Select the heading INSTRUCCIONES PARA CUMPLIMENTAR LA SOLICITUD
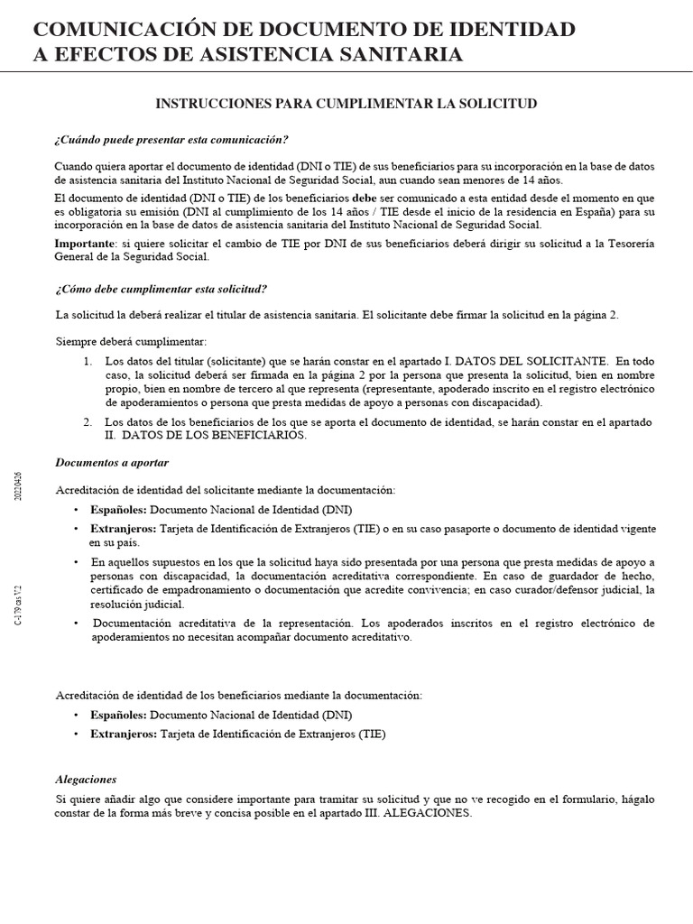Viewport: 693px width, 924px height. click(x=346, y=104)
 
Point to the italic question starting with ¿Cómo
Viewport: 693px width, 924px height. click(x=162, y=289)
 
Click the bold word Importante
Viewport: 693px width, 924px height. click(x=85, y=244)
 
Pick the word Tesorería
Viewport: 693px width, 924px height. click(x=624, y=244)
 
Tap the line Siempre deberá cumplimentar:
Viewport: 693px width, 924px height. click(x=131, y=341)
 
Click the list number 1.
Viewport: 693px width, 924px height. click(x=88, y=361)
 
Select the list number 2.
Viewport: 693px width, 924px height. click(x=88, y=422)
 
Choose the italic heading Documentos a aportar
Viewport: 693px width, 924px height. click(x=112, y=463)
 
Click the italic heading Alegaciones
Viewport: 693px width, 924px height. click(x=86, y=779)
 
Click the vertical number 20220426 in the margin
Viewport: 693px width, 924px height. click(x=20, y=489)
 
